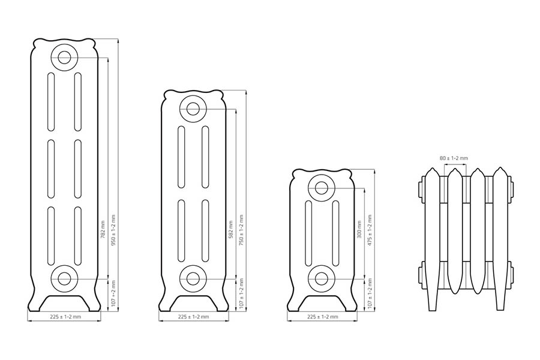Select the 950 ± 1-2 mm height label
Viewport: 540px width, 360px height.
tap(113, 230)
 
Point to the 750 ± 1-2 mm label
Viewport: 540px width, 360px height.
tap(241, 230)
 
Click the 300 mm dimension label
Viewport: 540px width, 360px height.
tap(359, 230)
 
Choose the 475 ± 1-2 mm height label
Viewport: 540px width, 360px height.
tap(370, 230)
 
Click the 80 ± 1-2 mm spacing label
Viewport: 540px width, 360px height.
tap(454, 158)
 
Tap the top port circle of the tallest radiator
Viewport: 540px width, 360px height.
tap(64, 57)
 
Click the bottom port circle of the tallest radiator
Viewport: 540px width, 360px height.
tap(64, 278)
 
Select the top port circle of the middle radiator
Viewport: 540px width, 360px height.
tap(193, 109)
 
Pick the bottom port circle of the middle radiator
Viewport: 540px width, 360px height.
tap(193, 278)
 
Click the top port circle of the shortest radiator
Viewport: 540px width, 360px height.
tap(322, 188)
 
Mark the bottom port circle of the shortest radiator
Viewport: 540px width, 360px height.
tap(322, 278)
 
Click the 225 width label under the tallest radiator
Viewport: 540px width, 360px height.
tap(65, 317)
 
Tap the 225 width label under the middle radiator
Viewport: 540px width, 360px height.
tap(194, 317)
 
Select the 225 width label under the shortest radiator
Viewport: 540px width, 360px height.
tap(323, 317)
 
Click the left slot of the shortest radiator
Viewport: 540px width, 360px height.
tap(308, 233)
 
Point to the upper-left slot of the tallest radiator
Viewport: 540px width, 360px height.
tap(51, 101)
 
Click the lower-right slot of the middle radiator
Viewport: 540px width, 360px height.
tap(205, 230)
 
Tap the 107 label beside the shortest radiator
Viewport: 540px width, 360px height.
tap(370, 293)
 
